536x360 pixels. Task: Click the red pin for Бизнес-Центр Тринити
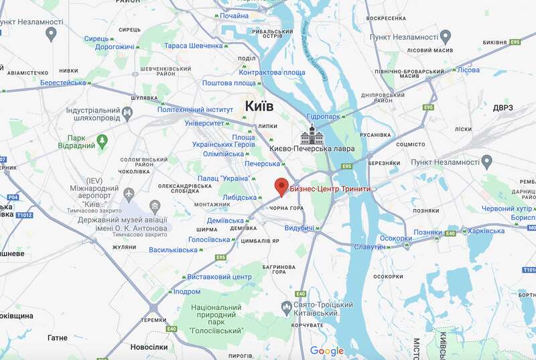click(281, 187)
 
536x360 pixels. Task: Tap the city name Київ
click(259, 105)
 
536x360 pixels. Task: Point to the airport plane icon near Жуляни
click(129, 193)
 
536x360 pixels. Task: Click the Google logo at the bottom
click(326, 351)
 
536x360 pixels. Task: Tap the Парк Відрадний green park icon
click(102, 141)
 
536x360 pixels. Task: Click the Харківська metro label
click(486, 231)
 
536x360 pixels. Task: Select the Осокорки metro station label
click(396, 238)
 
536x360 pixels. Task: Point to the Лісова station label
click(468, 70)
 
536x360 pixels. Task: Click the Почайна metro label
click(234, 15)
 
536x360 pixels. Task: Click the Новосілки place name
click(149, 347)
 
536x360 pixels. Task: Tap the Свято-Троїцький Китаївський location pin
click(285, 306)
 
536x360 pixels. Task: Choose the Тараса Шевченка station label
click(193, 46)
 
